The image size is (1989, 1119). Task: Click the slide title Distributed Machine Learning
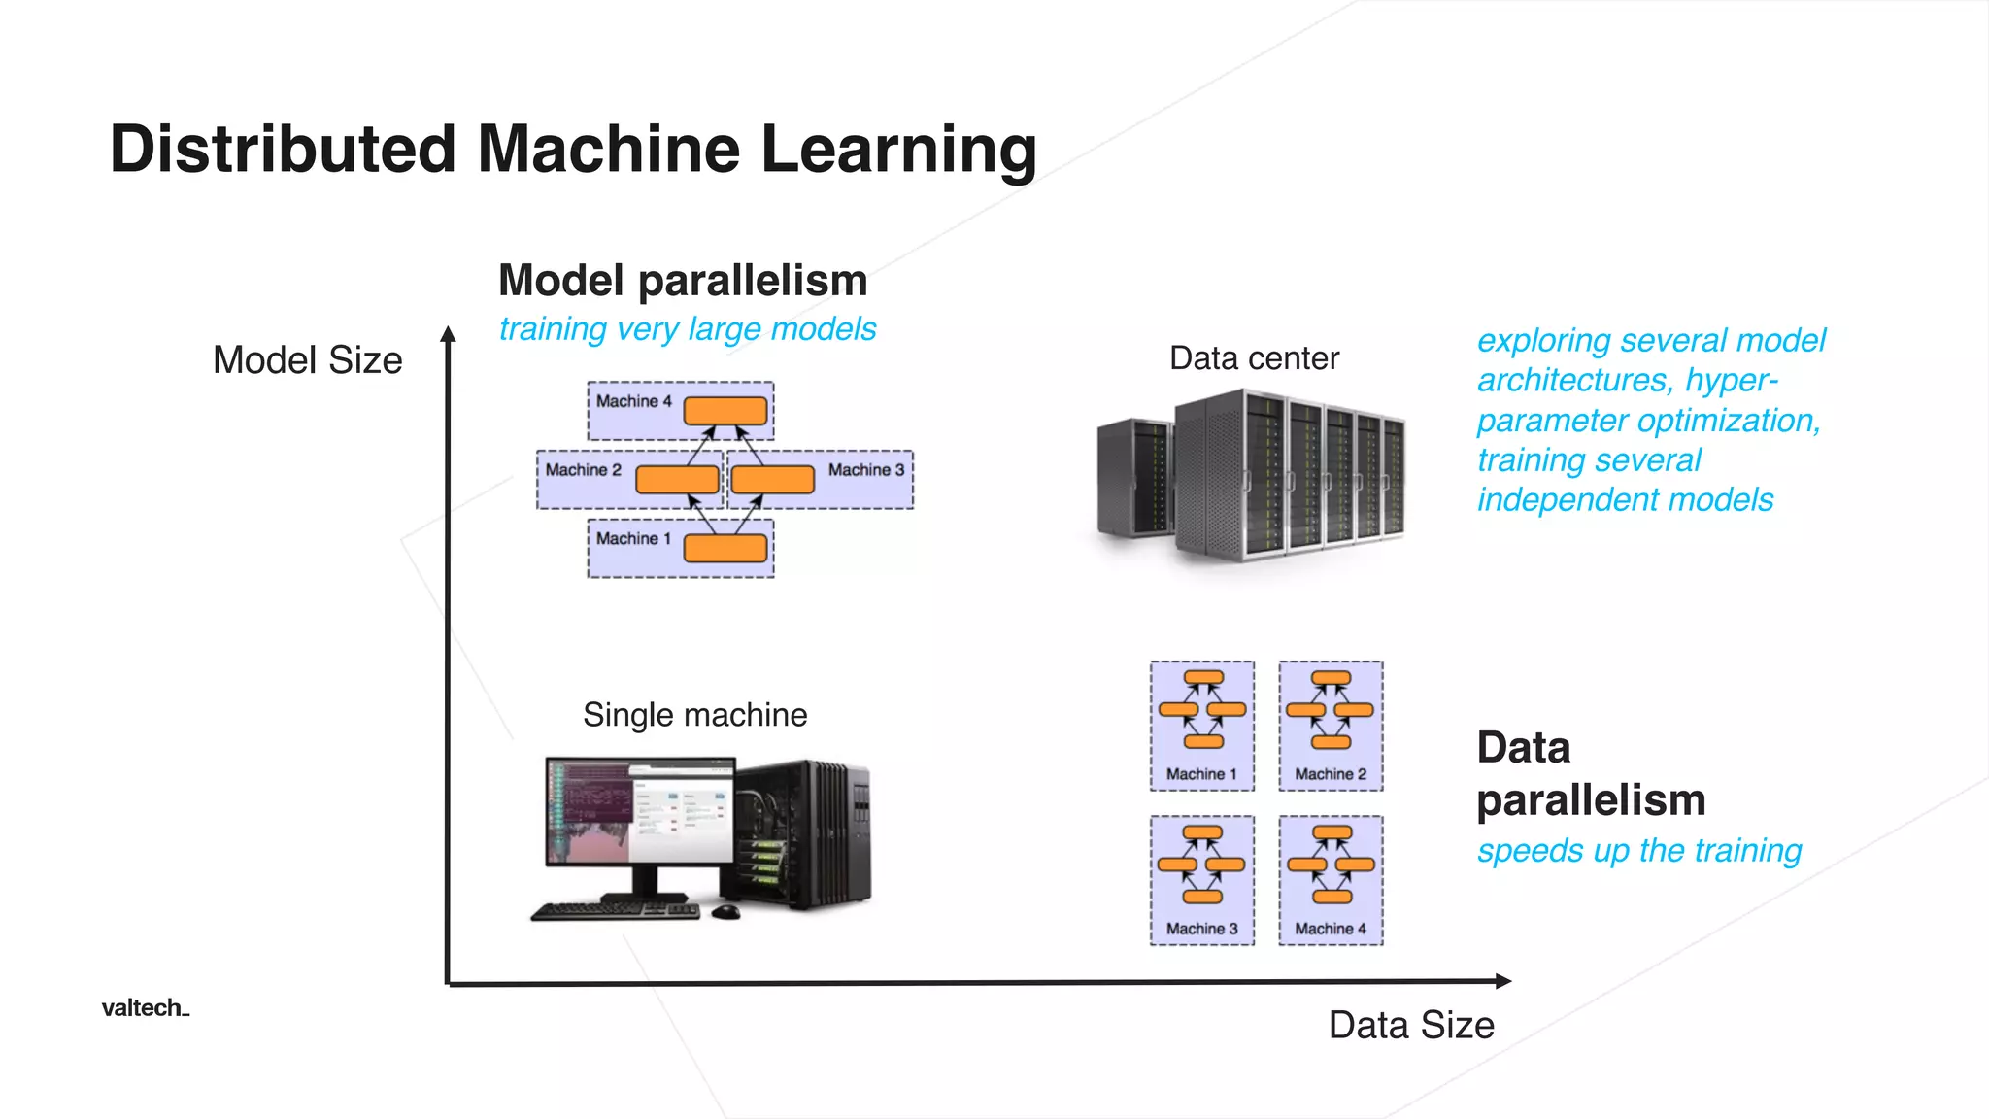(573, 150)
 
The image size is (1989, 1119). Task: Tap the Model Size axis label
(307, 360)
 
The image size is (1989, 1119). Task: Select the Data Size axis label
(1410, 1025)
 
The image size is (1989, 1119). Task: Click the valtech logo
(145, 1008)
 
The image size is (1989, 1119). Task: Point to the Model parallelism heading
(682, 281)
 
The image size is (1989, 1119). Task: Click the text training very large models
(687, 329)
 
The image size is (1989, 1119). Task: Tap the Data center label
(1254, 358)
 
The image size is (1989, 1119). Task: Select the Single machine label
(694, 715)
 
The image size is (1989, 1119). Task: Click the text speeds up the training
(1638, 851)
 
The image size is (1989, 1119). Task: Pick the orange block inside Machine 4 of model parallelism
(725, 411)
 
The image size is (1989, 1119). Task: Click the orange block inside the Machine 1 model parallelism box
(725, 549)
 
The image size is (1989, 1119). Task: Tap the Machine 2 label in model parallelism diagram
(583, 470)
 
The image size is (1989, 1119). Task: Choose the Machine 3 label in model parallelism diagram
(865, 470)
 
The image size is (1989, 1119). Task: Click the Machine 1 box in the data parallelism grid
(1201, 726)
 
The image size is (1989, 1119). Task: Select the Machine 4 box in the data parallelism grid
(1331, 880)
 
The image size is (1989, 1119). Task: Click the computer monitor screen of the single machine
(639, 812)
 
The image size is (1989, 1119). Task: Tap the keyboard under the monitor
(616, 911)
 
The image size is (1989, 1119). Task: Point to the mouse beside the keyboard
(725, 911)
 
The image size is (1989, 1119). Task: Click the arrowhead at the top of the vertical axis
(448, 333)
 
